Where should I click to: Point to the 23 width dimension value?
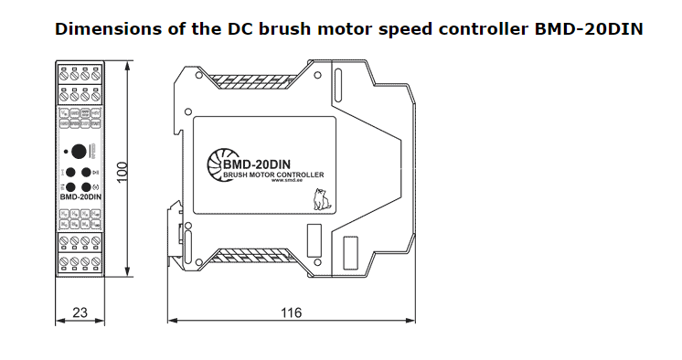click(79, 312)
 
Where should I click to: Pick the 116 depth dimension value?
click(290, 312)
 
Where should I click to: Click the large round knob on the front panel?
click(79, 151)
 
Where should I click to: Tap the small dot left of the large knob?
click(66, 151)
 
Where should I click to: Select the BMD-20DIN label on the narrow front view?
click(80, 196)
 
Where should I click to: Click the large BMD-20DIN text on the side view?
click(257, 164)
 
